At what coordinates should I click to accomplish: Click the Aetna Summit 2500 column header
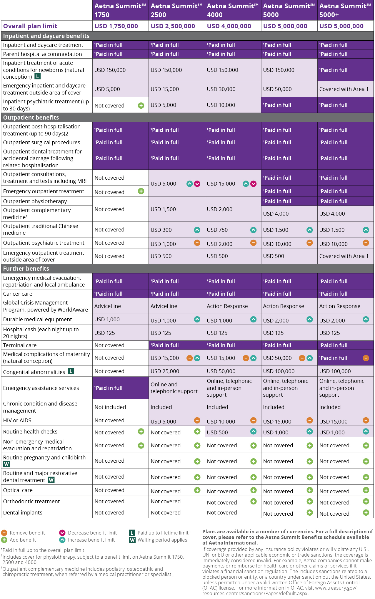pos(176,10)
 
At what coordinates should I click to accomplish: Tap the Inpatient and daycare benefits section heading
pos(46,36)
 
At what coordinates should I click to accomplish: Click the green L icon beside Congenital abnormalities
pos(71,371)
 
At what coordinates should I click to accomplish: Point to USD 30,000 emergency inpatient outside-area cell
pos(221,89)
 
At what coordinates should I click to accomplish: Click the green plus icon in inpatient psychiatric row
pos(141,105)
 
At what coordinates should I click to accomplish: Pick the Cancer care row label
pos(18,294)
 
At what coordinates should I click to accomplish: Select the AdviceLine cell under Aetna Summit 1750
pos(108,306)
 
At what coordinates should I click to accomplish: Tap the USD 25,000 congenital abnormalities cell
pos(165,371)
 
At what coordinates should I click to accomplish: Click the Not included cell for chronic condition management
pos(110,407)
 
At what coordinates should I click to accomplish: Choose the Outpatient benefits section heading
pos(31,118)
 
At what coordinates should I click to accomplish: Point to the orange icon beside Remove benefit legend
pos(4,533)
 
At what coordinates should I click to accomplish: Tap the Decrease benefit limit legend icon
pos(62,533)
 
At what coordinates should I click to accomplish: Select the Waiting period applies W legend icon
pos(132,540)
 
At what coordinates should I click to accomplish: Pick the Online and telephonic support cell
pos(174,388)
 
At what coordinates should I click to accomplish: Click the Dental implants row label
pos(23,513)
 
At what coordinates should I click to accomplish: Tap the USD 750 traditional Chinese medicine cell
pos(217,230)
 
